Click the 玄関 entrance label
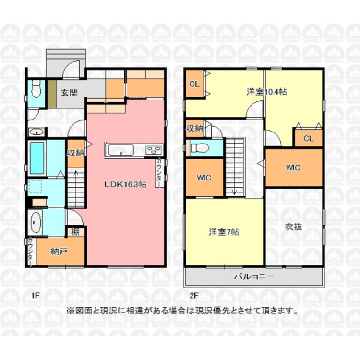tap(69, 93)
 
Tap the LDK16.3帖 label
tap(125, 185)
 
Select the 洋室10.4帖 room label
tap(266, 92)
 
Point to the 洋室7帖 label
tap(224, 232)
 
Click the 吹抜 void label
tap(293, 227)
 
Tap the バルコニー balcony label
tap(254, 276)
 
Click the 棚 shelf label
tap(75, 232)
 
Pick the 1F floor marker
tap(36, 296)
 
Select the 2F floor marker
tap(194, 296)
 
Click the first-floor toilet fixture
tap(36, 89)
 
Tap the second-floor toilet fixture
tap(199, 148)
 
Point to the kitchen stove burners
tap(154, 151)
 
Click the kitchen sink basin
tap(121, 150)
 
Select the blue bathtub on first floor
tap(37, 158)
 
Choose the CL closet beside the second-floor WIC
tap(309, 138)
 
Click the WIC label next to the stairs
tap(204, 178)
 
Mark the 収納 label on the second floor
tap(194, 128)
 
